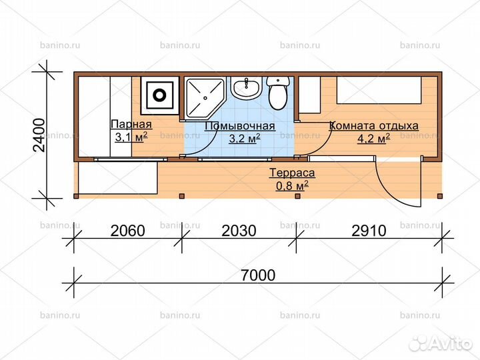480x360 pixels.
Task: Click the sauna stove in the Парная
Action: (x=160, y=93)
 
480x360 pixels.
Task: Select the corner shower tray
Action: (x=204, y=97)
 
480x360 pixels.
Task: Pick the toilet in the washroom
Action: (x=277, y=92)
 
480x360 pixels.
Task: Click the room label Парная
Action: (x=131, y=125)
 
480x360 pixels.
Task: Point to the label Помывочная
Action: (x=240, y=126)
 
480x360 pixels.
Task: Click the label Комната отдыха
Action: (x=374, y=125)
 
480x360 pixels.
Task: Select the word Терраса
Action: (x=291, y=173)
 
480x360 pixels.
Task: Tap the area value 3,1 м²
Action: (x=131, y=138)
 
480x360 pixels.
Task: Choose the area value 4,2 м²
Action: (x=374, y=139)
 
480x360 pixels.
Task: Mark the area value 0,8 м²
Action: (x=291, y=185)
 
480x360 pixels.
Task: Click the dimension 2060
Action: (x=127, y=231)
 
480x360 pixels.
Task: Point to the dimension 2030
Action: (x=239, y=231)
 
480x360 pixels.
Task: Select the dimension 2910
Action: (x=369, y=231)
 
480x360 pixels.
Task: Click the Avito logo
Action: (x=439, y=342)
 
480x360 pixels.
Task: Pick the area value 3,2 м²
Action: (x=245, y=139)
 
